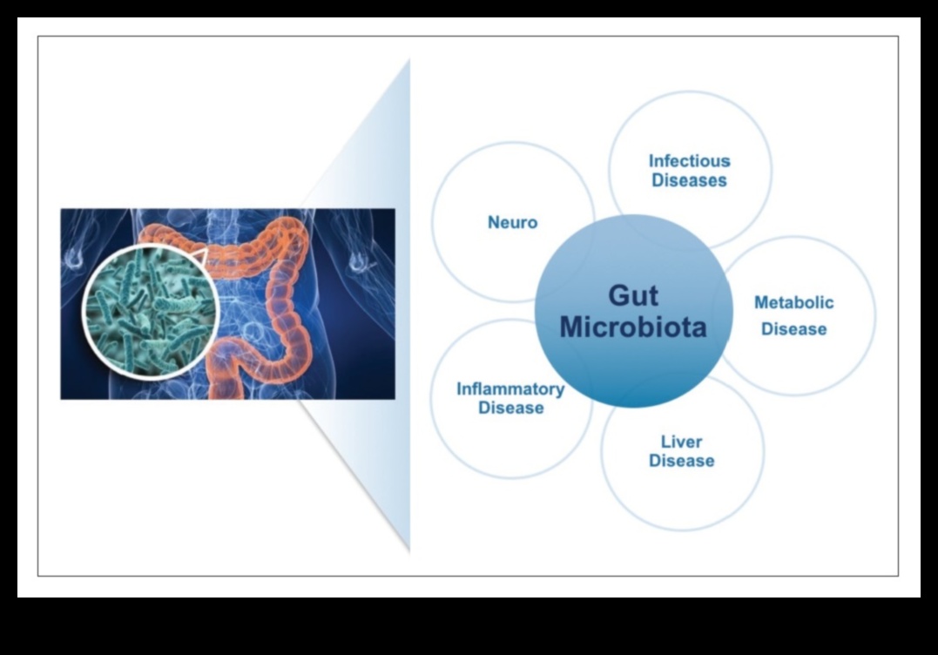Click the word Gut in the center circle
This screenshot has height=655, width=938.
coord(633,296)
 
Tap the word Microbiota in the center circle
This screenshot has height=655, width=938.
coord(633,327)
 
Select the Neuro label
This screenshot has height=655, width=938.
coord(512,222)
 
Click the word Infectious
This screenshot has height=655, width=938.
coord(689,161)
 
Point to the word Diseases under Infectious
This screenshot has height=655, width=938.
coord(689,181)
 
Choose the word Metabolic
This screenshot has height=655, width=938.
coord(793,303)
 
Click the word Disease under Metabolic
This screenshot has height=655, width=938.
coord(793,329)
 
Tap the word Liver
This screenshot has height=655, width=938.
coord(681,442)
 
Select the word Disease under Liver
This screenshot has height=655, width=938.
coord(681,461)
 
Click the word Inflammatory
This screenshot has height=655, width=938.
coord(510,388)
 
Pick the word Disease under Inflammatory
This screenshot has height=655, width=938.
coord(510,408)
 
